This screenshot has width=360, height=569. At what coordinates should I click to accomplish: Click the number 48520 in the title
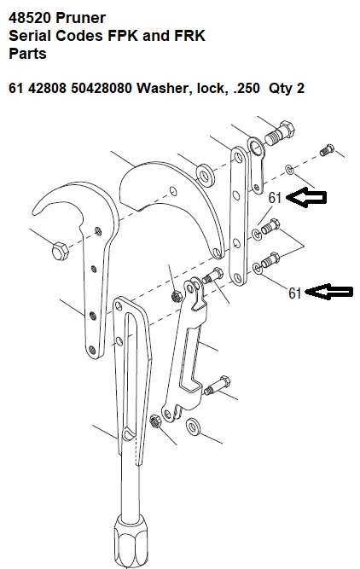pos(32,18)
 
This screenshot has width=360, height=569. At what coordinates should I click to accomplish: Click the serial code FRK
pos(189,36)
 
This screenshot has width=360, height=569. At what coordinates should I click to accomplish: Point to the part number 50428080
pos(102,88)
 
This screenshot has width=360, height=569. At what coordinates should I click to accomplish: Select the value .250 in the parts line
pos(247,88)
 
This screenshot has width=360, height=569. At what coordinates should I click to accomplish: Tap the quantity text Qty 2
pos(287,88)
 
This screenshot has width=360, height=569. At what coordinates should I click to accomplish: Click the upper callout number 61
pos(275,198)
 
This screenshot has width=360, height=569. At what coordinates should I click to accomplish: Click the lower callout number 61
pos(294,293)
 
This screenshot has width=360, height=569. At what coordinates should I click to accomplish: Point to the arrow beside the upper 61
pos(306,197)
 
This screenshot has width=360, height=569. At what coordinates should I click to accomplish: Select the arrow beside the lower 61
pos(329,292)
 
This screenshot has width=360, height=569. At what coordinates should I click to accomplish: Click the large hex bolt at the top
pos(280,133)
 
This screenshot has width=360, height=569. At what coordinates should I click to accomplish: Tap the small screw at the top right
pos(327,150)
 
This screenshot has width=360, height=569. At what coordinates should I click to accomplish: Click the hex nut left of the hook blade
pos(60,252)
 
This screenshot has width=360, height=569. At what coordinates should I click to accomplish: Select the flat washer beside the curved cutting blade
pos(205,175)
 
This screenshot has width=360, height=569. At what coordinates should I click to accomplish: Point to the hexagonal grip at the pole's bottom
pos(131,540)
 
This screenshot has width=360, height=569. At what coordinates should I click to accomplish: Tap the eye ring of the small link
pos(257,148)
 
